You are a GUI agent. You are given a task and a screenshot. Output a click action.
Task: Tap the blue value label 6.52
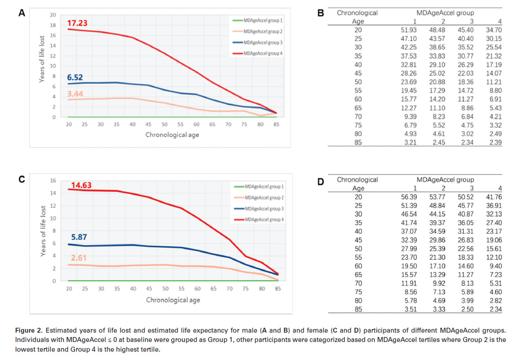[75, 78]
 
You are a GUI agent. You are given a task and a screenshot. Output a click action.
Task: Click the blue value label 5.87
[79, 238]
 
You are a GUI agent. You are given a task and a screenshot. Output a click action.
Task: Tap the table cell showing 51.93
[409, 30]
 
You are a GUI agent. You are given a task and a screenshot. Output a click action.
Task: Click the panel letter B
[320, 14]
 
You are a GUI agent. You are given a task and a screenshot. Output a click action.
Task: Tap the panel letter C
[21, 179]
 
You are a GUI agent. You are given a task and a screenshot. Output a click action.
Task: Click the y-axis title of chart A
[42, 59]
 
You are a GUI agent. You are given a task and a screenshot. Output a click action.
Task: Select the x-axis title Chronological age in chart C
[173, 300]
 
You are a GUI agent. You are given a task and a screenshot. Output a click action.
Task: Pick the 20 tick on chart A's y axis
[53, 15]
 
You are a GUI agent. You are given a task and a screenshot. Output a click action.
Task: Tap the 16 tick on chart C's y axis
[53, 181]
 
